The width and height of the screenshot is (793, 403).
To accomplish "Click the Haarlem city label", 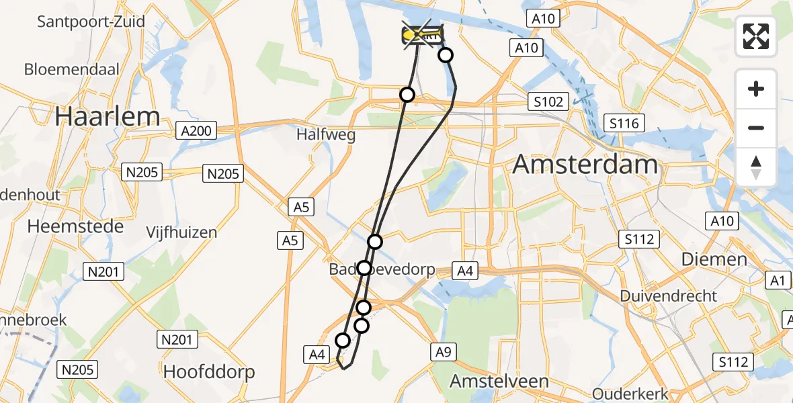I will tap(108, 116).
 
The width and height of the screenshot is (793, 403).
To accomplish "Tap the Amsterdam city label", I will tap(585, 165).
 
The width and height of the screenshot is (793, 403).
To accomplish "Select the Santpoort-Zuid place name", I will tap(91, 21).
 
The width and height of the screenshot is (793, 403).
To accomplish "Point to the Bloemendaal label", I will tap(72, 69).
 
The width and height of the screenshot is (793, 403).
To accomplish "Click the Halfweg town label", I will tap(326, 135).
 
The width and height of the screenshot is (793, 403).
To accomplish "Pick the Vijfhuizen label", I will tap(182, 233).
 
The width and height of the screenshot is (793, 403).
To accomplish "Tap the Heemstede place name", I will tap(75, 226).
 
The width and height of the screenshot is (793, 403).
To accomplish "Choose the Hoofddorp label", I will tap(209, 371).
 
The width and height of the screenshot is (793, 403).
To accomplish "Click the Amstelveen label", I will tap(499, 382).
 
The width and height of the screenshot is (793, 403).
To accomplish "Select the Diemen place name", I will tap(714, 259).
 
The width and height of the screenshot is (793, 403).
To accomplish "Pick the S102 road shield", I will tap(548, 102).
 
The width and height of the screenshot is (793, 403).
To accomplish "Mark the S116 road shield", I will tap(624, 123).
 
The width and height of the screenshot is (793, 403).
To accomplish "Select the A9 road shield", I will tap(442, 350).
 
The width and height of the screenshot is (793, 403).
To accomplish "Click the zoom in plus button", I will tap(756, 89).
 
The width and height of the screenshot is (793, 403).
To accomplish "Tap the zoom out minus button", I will tap(756, 128).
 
